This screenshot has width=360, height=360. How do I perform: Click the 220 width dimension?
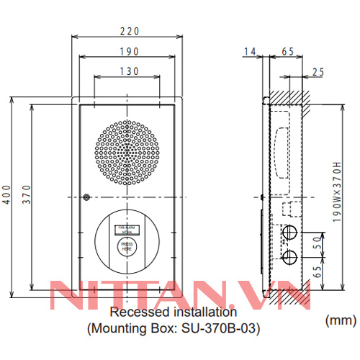tap(126, 31)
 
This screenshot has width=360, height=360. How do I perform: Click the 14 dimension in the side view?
tap(250, 51)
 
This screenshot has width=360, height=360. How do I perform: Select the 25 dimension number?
tap(318, 71)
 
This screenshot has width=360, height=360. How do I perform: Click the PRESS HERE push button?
tap(127, 248)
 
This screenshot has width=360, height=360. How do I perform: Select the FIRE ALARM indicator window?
tap(127, 229)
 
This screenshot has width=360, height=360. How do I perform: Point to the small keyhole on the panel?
tap(86, 197)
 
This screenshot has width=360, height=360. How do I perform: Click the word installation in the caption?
tap(202, 313)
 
